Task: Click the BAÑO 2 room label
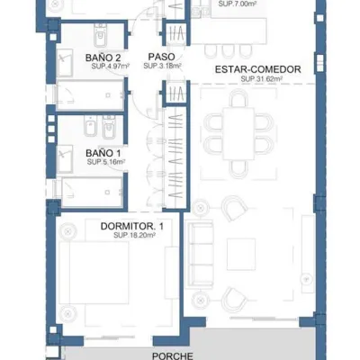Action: click(103, 58)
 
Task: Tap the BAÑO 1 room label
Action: click(103, 153)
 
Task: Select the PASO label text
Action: click(161, 57)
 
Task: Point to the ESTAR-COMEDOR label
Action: click(258, 69)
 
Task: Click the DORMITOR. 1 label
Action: click(132, 226)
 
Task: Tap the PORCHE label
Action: click(173, 356)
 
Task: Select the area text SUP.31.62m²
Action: click(262, 79)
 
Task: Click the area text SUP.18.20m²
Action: click(134, 236)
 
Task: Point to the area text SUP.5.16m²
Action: click(106, 162)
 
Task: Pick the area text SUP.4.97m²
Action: click(111, 67)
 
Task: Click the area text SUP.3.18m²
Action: click(162, 66)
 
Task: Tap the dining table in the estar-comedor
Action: click(238, 133)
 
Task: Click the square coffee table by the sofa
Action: click(241, 255)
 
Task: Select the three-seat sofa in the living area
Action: click(199, 254)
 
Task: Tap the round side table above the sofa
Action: click(200, 207)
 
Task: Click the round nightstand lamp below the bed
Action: click(68, 314)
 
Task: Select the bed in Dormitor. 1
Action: click(94, 273)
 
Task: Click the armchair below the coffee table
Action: click(234, 299)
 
